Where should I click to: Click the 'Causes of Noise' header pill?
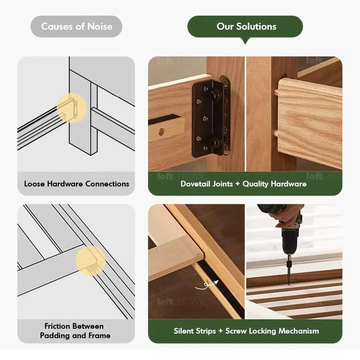coord(76,26)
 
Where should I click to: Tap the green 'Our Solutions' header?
coord(245,26)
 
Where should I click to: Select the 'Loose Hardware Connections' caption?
coord(76,183)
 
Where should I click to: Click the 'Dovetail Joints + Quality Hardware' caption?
coord(243,183)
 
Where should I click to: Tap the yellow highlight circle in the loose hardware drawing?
coord(71,107)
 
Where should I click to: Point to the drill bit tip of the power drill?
coord(288,282)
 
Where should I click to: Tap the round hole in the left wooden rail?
coord(161,131)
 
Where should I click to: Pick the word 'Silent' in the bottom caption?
coord(185,330)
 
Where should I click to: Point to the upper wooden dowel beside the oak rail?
coord(275,92)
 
